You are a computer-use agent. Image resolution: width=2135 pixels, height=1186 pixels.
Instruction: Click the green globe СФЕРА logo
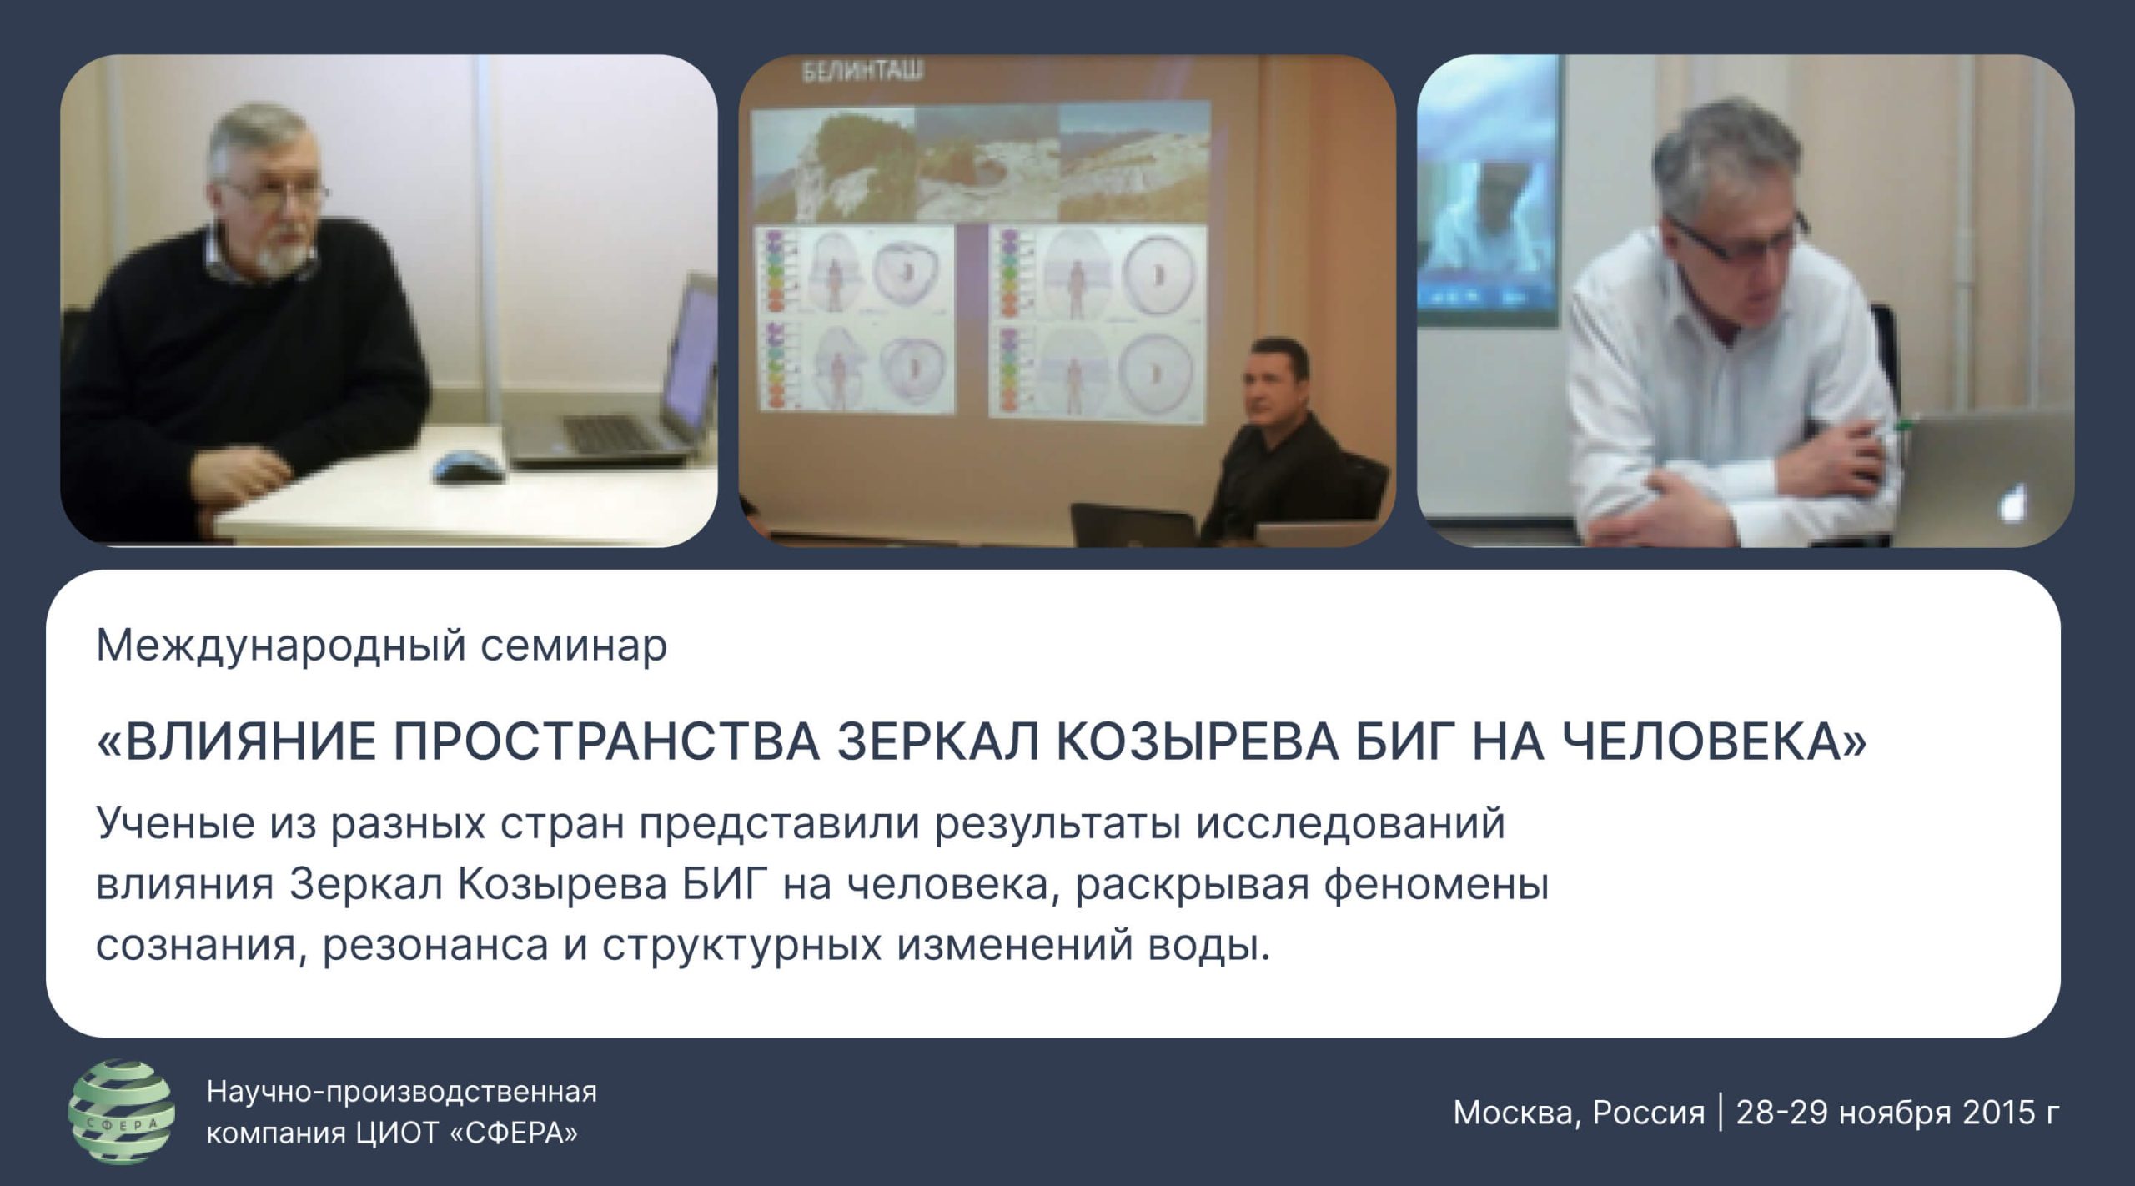coord(121,1112)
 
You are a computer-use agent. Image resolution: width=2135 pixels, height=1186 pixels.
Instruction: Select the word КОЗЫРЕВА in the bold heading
coord(1197,741)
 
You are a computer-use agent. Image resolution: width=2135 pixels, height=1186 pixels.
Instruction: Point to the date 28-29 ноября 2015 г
coord(1898,1113)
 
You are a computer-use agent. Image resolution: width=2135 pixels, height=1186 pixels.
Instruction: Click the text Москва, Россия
coord(1579,1113)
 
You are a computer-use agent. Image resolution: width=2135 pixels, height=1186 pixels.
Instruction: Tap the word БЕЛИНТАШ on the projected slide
coord(862,73)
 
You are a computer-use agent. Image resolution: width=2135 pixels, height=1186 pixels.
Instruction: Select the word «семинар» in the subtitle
coord(574,645)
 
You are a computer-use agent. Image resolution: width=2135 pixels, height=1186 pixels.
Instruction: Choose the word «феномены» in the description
coord(1436,884)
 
